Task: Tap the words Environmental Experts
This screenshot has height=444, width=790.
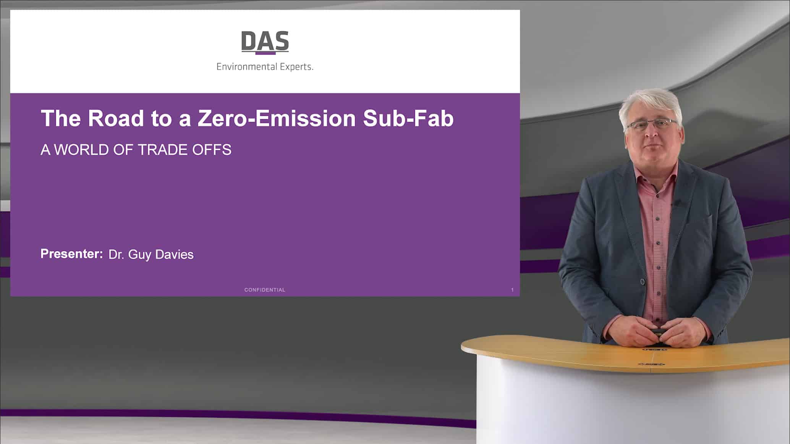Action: point(265,67)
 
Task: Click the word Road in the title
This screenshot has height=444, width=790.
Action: point(116,118)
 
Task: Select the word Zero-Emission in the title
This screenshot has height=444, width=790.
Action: point(277,118)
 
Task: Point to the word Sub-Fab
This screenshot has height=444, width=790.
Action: point(408,118)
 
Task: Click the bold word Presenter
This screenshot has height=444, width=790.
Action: point(71,254)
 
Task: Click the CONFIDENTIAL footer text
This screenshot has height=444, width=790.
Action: point(265,290)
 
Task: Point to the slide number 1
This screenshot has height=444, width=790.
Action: point(512,290)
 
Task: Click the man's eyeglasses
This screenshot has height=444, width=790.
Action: point(652,124)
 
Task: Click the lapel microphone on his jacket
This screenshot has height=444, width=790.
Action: point(677,203)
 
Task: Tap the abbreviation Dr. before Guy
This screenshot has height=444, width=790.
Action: point(116,255)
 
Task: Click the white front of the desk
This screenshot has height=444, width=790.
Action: point(611,405)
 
